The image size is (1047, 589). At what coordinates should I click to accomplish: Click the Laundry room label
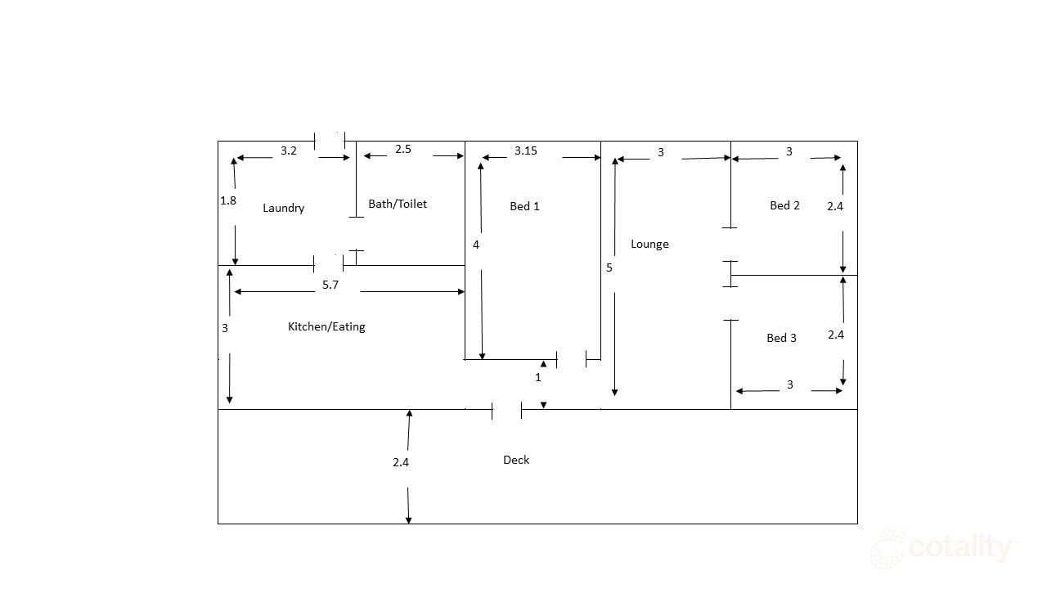[283, 208]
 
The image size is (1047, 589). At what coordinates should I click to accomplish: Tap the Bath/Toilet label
[398, 204]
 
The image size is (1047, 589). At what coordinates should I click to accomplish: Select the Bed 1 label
[524, 206]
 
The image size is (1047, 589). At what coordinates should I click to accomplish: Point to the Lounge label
[649, 244]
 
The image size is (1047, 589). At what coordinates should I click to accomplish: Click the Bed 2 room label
[784, 205]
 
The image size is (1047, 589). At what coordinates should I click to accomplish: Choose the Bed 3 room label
[781, 338]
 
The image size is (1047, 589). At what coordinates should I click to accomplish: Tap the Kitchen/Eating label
[326, 326]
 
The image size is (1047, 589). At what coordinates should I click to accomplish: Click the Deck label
[516, 460]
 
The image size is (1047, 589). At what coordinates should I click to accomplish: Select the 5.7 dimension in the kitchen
[330, 285]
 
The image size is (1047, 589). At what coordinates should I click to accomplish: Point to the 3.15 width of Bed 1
[525, 151]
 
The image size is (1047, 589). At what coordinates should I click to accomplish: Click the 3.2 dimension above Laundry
[289, 151]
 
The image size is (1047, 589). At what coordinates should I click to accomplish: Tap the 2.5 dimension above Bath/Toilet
[403, 149]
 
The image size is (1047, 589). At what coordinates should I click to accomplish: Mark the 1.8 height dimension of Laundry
[228, 200]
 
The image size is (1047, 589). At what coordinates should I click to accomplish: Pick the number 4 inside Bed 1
[476, 245]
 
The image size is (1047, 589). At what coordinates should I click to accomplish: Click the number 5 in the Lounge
[609, 268]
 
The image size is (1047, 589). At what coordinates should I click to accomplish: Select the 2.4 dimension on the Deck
[400, 462]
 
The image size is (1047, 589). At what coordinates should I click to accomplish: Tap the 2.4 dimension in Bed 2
[834, 206]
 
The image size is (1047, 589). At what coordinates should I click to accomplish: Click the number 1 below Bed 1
[538, 377]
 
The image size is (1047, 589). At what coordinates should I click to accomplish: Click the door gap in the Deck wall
[507, 409]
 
